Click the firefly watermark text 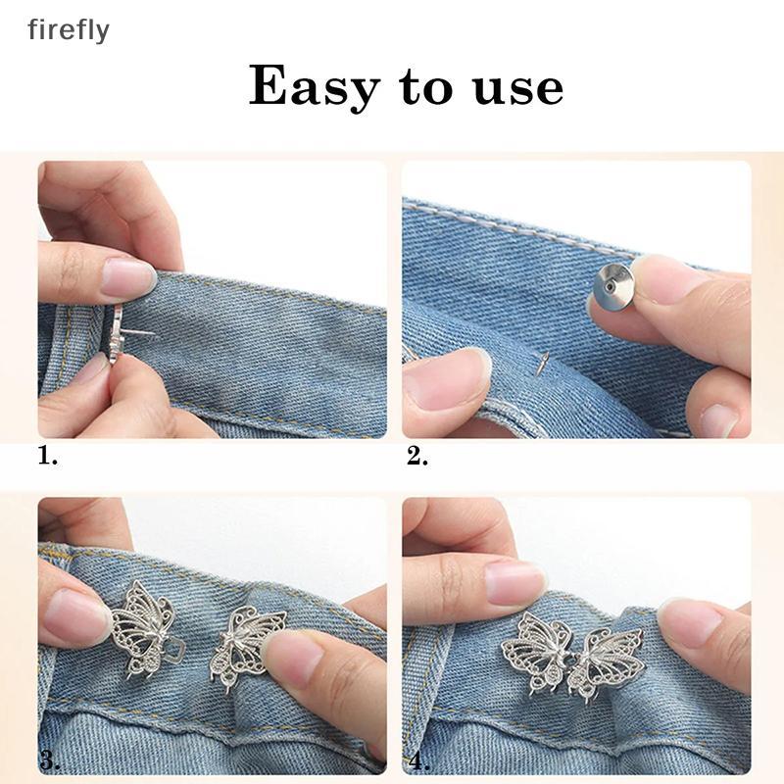pos(69,30)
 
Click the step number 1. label pos(47,456)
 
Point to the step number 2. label pos(416,456)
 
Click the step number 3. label pos(50,762)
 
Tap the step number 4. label pos(418,762)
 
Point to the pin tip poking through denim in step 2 pos(543,363)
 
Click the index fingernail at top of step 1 pos(127,278)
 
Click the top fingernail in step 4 pos(515,582)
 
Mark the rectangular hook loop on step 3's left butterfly pos(176,648)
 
